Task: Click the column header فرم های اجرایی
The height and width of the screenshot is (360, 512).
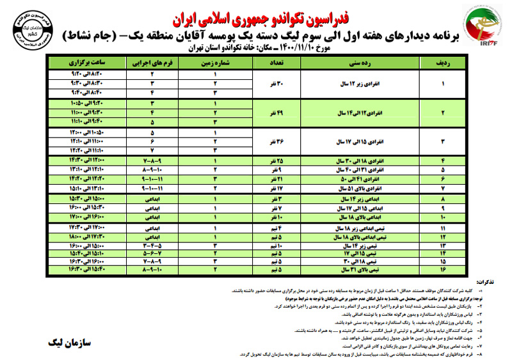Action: click(152, 63)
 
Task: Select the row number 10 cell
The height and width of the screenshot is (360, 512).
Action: click(442, 217)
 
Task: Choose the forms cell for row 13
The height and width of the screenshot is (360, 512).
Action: click(152, 245)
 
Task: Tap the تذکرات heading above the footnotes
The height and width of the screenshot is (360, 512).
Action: click(490, 282)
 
